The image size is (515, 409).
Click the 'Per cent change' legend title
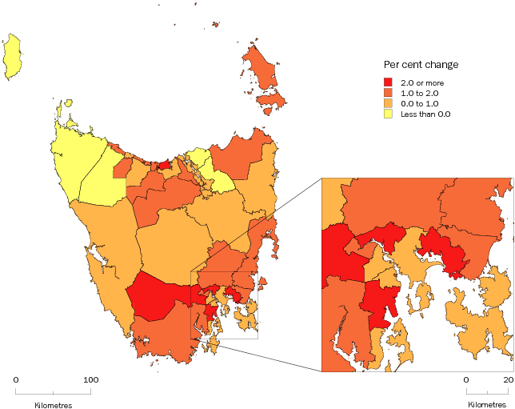[x=421, y=65]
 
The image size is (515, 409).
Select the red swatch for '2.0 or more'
[x=389, y=82]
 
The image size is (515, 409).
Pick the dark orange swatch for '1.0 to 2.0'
[x=389, y=93]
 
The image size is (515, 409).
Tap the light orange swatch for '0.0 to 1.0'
[x=389, y=103]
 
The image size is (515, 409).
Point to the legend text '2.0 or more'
[x=422, y=82]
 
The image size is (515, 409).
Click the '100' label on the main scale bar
[x=90, y=379]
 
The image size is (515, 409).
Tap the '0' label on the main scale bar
[x=16, y=379]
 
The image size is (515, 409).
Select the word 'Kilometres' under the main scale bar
[x=54, y=405]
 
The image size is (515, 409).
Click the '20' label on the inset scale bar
[x=508, y=379]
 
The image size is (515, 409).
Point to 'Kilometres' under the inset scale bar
[x=487, y=405]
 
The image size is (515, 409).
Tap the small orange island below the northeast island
[x=275, y=99]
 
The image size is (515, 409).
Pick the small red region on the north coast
[x=164, y=165]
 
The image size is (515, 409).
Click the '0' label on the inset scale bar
[x=466, y=379]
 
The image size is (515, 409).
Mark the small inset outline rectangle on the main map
[x=224, y=304]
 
